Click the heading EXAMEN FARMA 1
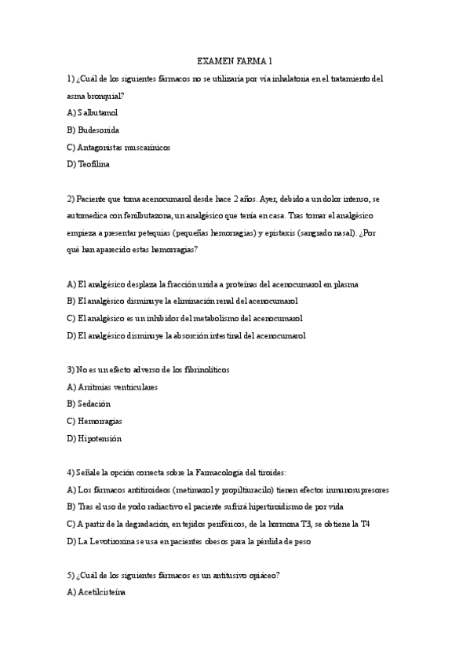pyautogui.click(x=235, y=60)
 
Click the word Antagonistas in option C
pyautogui.click(x=104, y=147)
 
